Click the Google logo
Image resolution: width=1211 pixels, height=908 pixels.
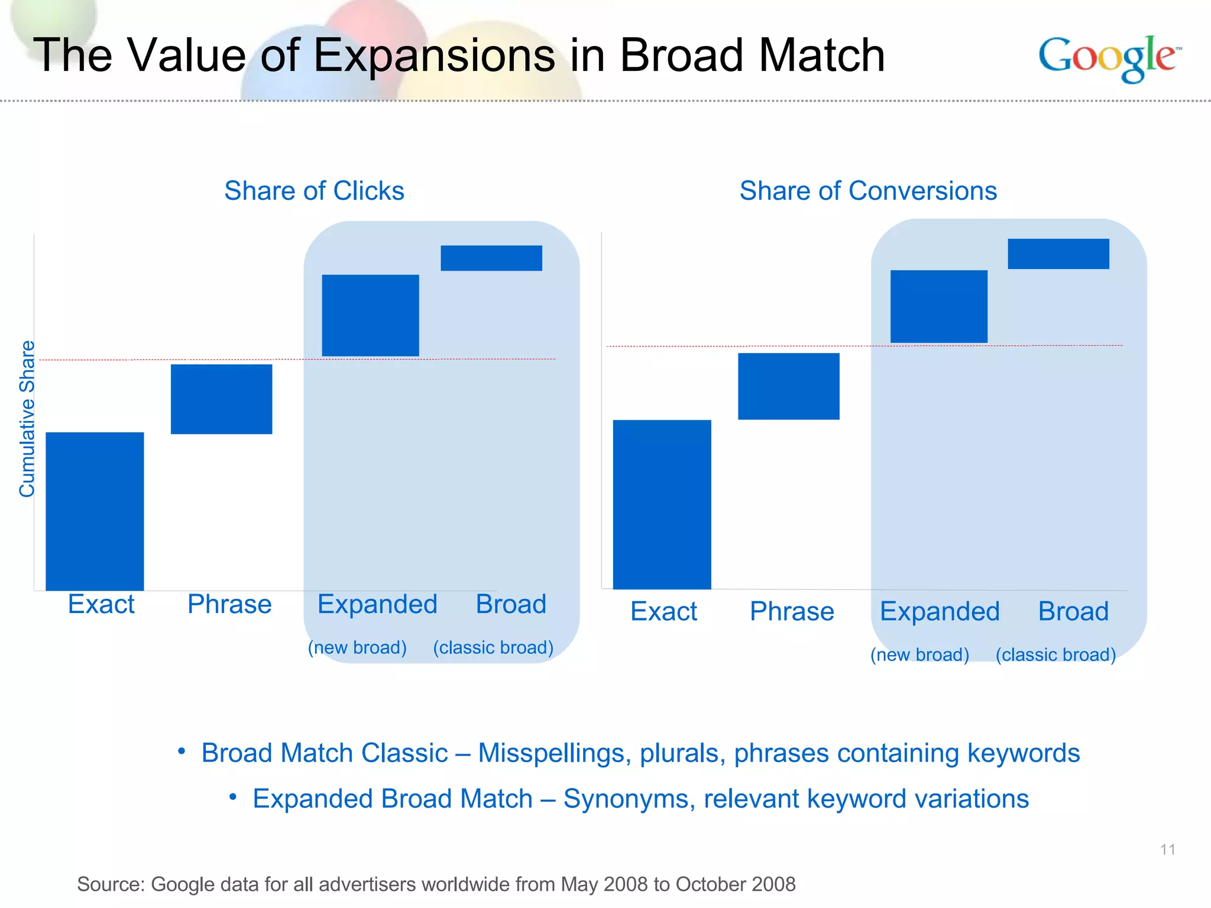(x=1109, y=57)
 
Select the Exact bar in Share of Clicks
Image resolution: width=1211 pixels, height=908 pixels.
(x=95, y=511)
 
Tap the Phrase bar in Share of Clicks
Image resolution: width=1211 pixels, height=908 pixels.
(x=221, y=399)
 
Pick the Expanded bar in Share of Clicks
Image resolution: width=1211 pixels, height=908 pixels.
(x=370, y=315)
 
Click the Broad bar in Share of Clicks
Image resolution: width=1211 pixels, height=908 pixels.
(x=491, y=258)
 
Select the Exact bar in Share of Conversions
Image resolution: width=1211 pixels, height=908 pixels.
(x=662, y=504)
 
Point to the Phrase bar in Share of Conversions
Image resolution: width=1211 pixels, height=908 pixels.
(x=788, y=386)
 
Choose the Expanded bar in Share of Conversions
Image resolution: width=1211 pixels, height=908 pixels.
(x=938, y=306)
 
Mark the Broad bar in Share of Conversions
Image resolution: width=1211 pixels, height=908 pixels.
(x=1058, y=254)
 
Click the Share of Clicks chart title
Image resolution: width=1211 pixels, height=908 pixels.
(x=314, y=191)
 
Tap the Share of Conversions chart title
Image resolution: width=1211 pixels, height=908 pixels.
(x=867, y=191)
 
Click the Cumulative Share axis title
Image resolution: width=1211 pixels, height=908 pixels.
(x=27, y=419)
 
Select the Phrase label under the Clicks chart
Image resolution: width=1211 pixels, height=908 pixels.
(x=229, y=604)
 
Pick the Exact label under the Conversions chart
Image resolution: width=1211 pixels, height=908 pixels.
(x=663, y=611)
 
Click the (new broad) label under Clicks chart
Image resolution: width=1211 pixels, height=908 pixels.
(x=357, y=647)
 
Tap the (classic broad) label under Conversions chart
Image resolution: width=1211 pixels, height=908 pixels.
(x=1055, y=654)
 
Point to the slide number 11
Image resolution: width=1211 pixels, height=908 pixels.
(x=1167, y=849)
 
